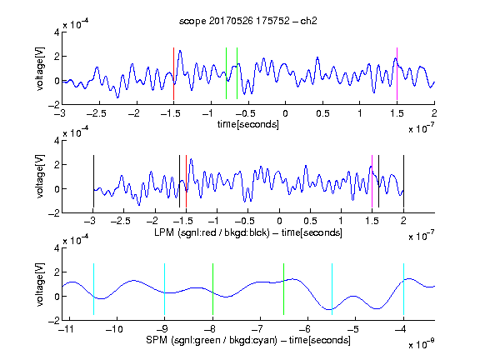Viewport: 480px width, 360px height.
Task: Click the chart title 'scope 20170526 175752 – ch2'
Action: tap(248, 21)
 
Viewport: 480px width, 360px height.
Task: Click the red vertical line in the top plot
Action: tap(173, 73)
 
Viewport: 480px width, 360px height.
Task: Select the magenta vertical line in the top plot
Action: tap(397, 73)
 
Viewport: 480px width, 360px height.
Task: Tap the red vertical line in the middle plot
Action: tap(186, 181)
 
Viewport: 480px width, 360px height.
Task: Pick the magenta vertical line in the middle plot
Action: tap(372, 181)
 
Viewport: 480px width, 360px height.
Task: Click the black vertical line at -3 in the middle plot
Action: tap(93, 181)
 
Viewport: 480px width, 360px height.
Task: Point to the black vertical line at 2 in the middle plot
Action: tap(403, 181)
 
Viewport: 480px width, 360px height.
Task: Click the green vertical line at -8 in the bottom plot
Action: tap(212, 289)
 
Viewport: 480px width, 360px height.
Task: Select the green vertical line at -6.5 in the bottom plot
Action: tap(284, 289)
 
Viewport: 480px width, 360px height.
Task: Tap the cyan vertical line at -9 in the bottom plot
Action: tap(165, 289)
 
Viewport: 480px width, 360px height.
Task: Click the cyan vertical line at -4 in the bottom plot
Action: tap(403, 289)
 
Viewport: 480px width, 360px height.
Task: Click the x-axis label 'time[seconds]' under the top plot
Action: tap(248, 124)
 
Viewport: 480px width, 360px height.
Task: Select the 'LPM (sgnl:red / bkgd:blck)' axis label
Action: tap(212, 232)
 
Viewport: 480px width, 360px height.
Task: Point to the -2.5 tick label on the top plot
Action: tap(96, 113)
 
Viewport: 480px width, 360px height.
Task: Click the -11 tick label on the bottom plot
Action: tap(68, 329)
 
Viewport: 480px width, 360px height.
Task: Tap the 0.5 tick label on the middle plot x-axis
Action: tap(310, 221)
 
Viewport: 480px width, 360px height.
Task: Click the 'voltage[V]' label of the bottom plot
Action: tap(40, 284)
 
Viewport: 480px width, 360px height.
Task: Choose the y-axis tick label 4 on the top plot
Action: tap(57, 32)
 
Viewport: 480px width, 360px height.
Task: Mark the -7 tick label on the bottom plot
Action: tap(259, 329)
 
